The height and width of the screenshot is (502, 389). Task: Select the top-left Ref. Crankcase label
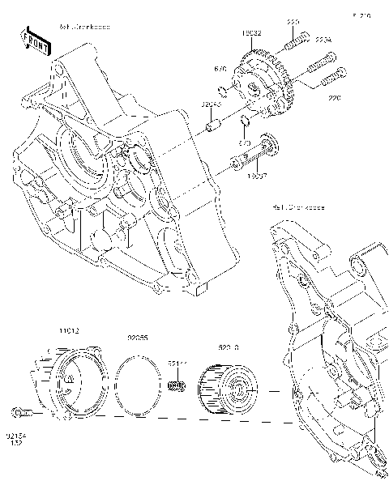pos(84,27)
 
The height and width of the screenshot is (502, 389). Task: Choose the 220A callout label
pos(323,38)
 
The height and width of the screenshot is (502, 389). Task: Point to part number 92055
pos(135,338)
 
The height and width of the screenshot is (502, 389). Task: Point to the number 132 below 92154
pos(15,443)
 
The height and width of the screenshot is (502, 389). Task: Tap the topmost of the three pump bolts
pos(298,36)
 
